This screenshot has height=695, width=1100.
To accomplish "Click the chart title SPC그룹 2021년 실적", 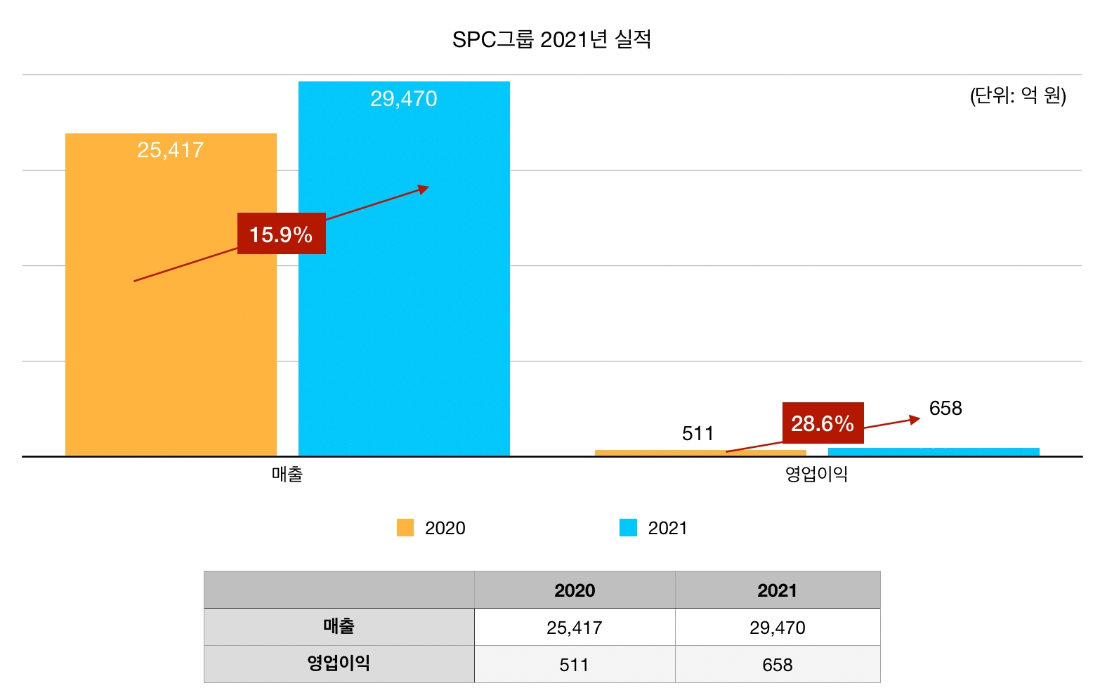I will pos(551,39).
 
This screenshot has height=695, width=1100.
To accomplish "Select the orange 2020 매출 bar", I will pos(171,337).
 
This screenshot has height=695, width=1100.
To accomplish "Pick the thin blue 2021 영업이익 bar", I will pos(934,451).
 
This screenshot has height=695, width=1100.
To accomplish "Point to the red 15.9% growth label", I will pos(281,234).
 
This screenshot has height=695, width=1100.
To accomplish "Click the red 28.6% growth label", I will pos(823,423).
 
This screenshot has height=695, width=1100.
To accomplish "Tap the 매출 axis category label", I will pos(287,475).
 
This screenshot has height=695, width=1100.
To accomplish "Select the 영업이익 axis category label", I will pos(816,475).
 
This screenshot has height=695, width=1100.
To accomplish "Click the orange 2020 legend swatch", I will pos(405,528).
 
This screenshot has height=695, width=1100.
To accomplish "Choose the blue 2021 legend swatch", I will pos(628,528).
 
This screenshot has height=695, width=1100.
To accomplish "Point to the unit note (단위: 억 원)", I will pos(1018,95).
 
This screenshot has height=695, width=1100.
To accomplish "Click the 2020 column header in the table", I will pos(575,590).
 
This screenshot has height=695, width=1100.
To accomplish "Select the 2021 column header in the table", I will pos(777,590).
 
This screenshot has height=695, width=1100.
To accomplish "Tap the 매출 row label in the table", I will pos(339,627).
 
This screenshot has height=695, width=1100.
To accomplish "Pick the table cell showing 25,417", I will pos(575,628).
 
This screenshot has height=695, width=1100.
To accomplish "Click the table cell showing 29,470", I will pos(777,628).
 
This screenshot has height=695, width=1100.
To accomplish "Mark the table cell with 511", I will pos(574,665).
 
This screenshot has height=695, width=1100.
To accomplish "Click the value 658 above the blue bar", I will pos(945,409).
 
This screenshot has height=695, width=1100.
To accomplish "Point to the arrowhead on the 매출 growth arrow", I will pos(424,189).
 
